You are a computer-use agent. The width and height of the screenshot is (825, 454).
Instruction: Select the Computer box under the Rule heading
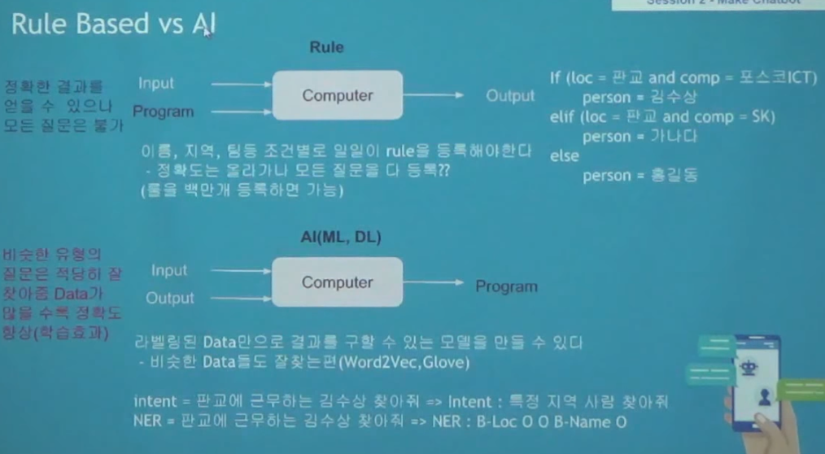point(337,95)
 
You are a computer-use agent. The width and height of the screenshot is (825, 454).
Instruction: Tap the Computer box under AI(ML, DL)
point(337,282)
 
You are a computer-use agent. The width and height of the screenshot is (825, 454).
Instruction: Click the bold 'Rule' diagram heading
point(326,47)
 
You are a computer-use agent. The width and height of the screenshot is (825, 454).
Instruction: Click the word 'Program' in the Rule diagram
point(163,111)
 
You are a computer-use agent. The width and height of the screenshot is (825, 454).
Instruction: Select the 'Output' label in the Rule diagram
point(510,96)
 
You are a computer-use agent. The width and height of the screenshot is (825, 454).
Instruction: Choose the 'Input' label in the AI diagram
point(168,270)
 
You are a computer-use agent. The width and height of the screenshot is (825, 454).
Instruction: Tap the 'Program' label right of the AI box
point(506,286)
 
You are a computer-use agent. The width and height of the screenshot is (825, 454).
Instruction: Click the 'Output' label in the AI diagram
point(170,299)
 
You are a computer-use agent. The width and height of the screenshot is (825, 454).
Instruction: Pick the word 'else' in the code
point(564,157)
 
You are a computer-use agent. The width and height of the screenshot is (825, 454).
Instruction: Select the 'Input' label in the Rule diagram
point(155,83)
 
